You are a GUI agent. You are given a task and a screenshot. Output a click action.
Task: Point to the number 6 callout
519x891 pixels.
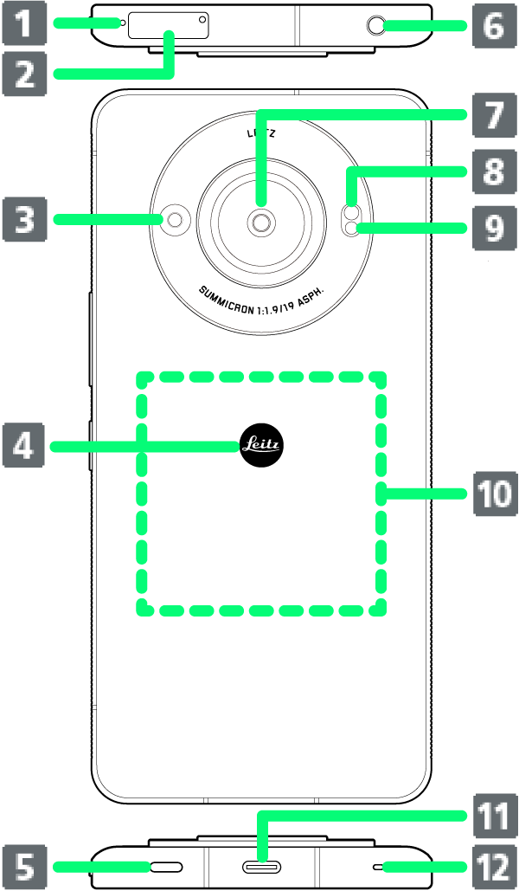pos(493,25)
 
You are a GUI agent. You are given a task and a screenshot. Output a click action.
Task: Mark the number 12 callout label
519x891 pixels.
pos(493,866)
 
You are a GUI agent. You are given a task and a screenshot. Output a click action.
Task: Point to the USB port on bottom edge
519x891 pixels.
pos(261,866)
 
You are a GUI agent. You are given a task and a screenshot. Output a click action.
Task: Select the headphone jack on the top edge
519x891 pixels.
pos(377,26)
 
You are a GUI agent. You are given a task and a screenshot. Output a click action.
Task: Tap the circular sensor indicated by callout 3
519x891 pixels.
pos(176,220)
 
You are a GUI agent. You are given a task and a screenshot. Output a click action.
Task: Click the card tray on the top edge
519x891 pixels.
pos(169,25)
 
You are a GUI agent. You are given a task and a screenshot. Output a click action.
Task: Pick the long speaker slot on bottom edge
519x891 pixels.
pos(168,866)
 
